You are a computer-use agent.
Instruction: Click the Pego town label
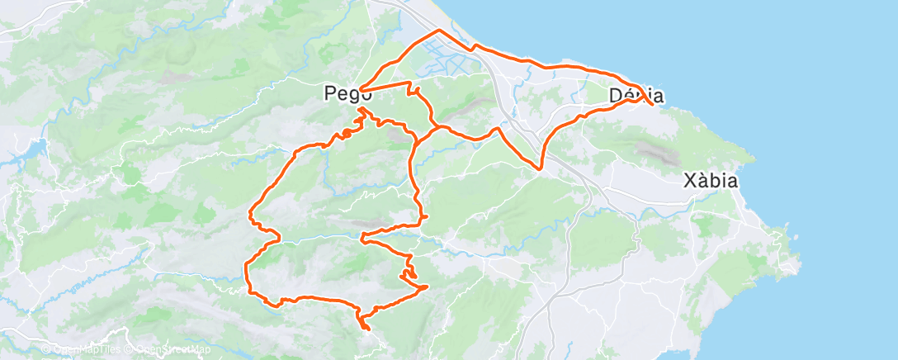[343, 95]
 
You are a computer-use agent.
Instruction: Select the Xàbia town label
[711, 182]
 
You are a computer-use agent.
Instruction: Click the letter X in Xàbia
[691, 182]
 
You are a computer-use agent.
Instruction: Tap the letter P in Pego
[329, 95]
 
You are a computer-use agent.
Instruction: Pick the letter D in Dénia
[615, 96]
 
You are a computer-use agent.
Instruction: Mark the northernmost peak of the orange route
[437, 30]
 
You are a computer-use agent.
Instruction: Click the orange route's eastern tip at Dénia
[654, 105]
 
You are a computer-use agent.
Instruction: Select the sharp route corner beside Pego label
[360, 90]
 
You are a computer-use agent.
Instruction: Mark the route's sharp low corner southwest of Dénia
[540, 169]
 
